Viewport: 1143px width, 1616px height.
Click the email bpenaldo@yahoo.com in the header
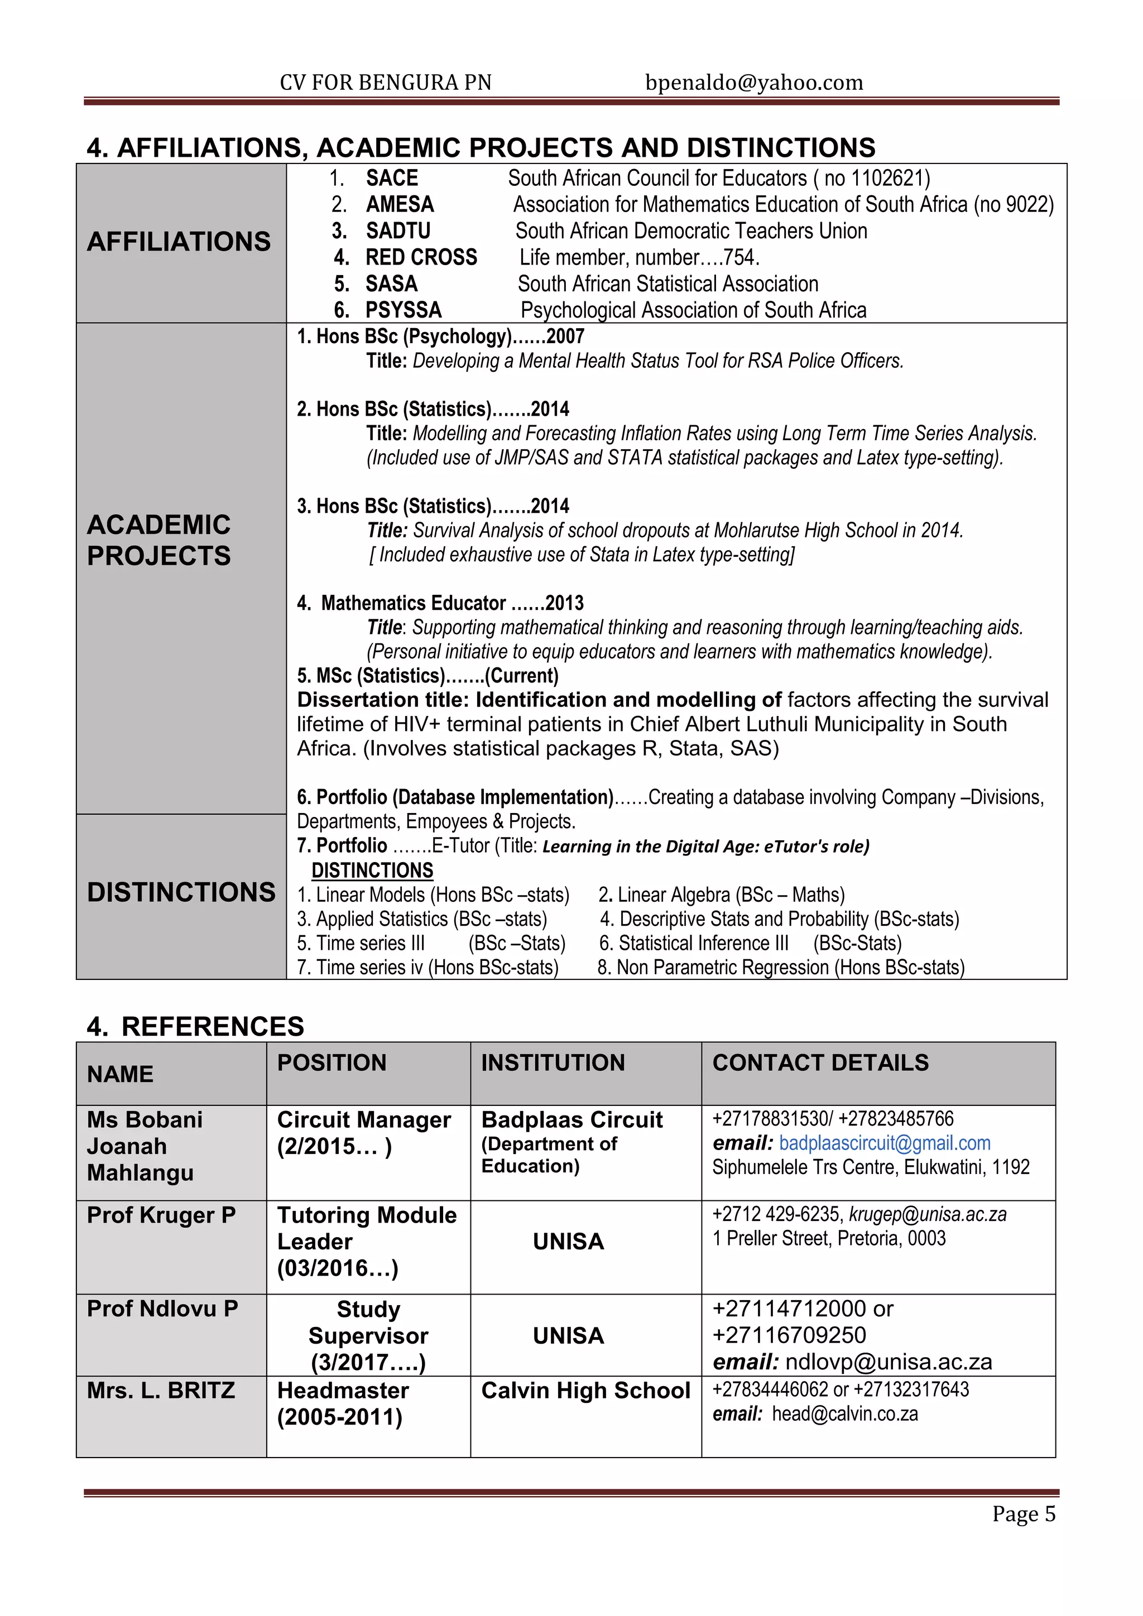pyautogui.click(x=754, y=83)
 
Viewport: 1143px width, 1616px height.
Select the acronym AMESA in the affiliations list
pyautogui.click(x=400, y=205)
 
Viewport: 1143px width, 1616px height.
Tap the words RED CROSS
pyautogui.click(x=421, y=258)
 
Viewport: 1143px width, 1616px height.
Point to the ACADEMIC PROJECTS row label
pyautogui.click(x=159, y=541)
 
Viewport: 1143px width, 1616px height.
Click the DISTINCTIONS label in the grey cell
pyautogui.click(x=181, y=892)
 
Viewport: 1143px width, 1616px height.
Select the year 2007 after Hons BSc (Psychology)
pyautogui.click(x=565, y=336)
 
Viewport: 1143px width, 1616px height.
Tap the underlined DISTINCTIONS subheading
pyautogui.click(x=372, y=870)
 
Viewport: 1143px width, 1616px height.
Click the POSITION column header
pyautogui.click(x=332, y=1063)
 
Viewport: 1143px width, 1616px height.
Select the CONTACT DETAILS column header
pyautogui.click(x=820, y=1063)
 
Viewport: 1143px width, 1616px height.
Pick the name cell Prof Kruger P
pyautogui.click(x=161, y=1215)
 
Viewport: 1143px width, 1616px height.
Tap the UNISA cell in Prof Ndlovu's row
pyautogui.click(x=568, y=1336)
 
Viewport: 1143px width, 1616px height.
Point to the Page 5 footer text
pyautogui.click(x=1024, y=1514)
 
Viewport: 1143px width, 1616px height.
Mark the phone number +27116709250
pyautogui.click(x=789, y=1335)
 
